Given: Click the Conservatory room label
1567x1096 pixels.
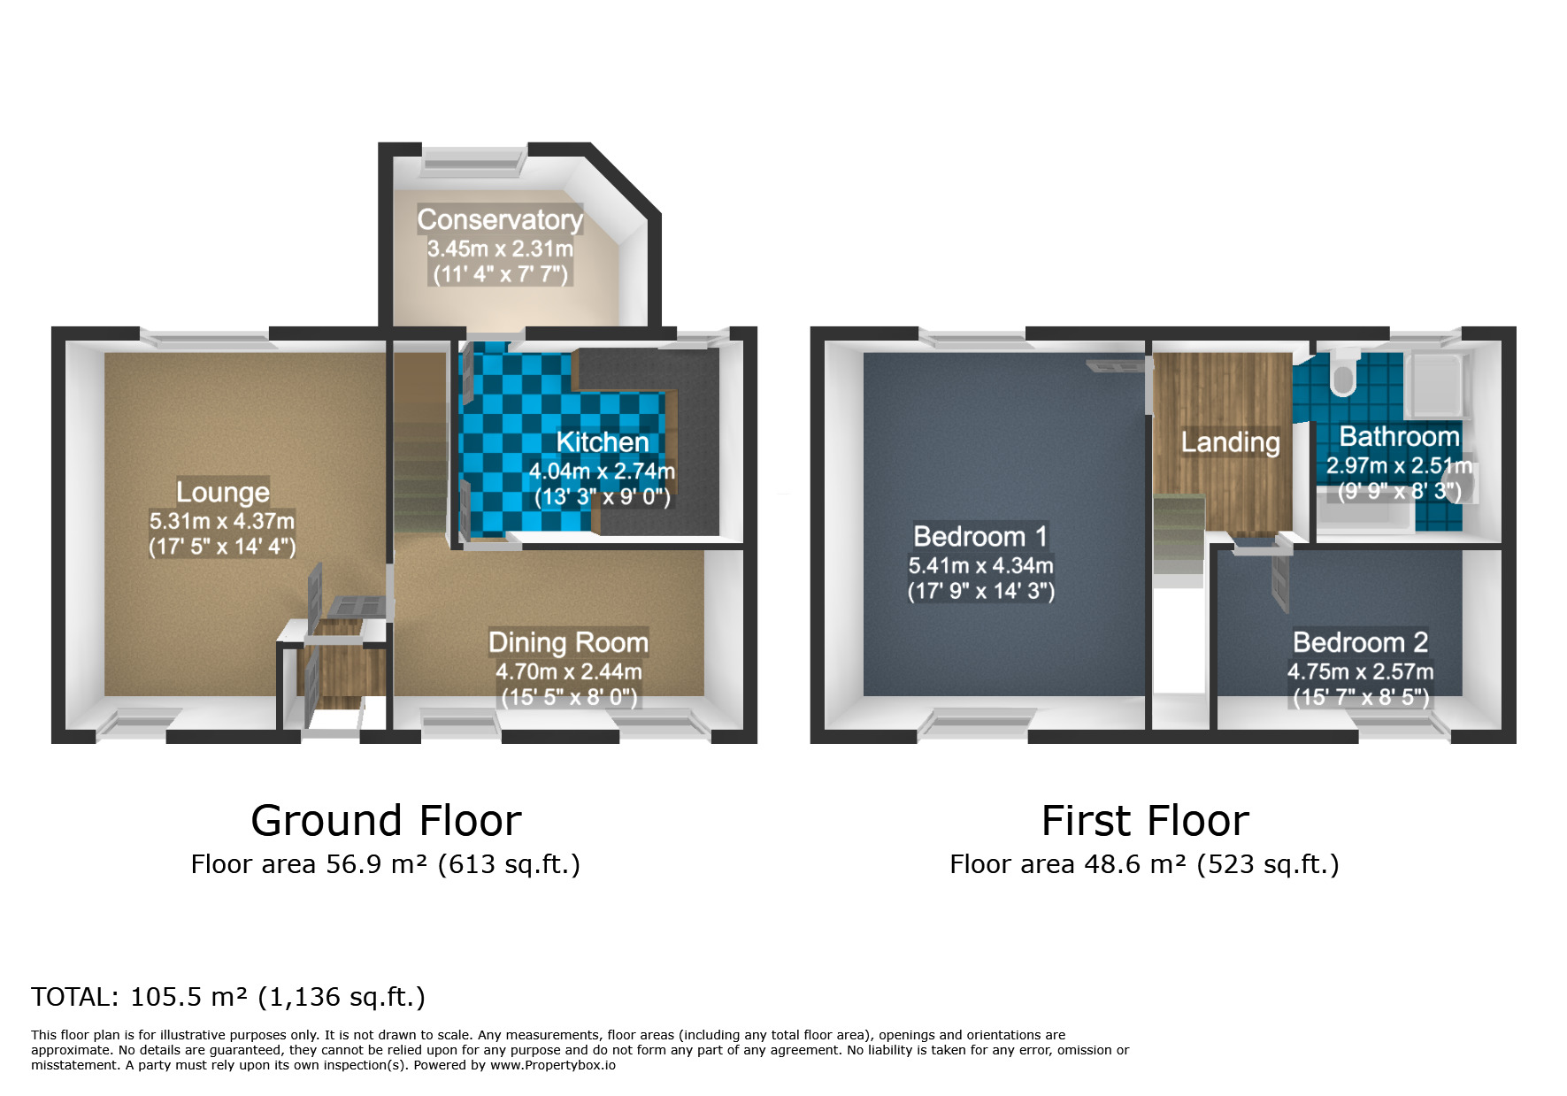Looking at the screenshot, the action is point(500,219).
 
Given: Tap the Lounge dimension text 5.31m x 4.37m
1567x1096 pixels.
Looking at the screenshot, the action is point(222,521).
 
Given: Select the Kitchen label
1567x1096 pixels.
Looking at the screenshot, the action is point(603,442).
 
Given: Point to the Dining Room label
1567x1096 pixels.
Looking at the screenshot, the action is point(568,642).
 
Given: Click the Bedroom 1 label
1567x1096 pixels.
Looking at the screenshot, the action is point(980,536).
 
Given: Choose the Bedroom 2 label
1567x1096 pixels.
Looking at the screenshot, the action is point(1361,642).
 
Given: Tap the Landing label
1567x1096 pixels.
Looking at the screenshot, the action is point(1231,442).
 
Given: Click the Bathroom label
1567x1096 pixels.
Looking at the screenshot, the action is point(1399,436).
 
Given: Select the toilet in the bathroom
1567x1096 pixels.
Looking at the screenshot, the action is point(1343,372).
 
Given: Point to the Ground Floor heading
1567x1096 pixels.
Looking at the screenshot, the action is point(387,821).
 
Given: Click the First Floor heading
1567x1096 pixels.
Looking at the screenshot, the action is point(1145,821).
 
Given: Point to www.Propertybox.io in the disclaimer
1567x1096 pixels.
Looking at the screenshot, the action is point(553,1065).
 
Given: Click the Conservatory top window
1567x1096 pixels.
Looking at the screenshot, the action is point(472,159).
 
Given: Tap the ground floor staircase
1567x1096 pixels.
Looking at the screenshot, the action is point(420,442).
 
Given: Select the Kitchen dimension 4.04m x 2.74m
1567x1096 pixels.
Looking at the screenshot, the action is point(602,471).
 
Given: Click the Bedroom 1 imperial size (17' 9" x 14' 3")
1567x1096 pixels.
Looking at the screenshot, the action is point(981,591).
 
